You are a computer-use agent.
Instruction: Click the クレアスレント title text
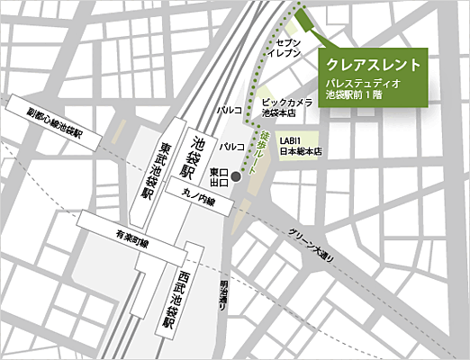point(371,66)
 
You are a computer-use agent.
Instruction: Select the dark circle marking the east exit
point(236,175)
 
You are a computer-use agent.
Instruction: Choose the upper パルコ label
point(229,110)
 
